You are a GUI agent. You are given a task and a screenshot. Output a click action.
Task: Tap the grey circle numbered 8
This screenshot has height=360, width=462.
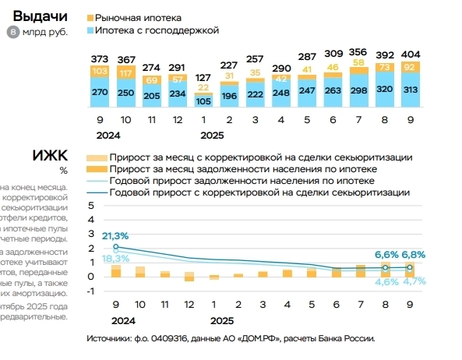pyautogui.click(x=12, y=32)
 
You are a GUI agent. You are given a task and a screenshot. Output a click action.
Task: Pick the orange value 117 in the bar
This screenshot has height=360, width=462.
pyautogui.click(x=125, y=72)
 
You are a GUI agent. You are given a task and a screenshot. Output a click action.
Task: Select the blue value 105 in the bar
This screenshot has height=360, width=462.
pyautogui.click(x=203, y=101)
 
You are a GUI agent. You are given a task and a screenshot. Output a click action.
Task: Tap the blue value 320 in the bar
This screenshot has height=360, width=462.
pyautogui.click(x=385, y=88)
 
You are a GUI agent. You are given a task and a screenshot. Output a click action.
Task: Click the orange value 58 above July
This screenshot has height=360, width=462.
pyautogui.click(x=359, y=62)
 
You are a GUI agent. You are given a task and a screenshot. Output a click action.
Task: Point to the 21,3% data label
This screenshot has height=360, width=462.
pyautogui.click(x=115, y=235)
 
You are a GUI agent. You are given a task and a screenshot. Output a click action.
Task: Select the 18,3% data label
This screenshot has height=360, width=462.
pyautogui.click(x=115, y=258)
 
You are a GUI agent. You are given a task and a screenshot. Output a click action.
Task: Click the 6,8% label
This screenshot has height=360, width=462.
pyautogui.click(x=413, y=255)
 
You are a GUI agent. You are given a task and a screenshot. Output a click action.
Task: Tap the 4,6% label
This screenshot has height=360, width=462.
pyautogui.click(x=386, y=281)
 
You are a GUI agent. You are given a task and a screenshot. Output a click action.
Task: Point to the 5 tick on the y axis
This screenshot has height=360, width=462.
pyautogui.click(x=90, y=206)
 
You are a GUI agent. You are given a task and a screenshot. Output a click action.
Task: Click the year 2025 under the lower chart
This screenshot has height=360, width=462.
pyautogui.click(x=222, y=319)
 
